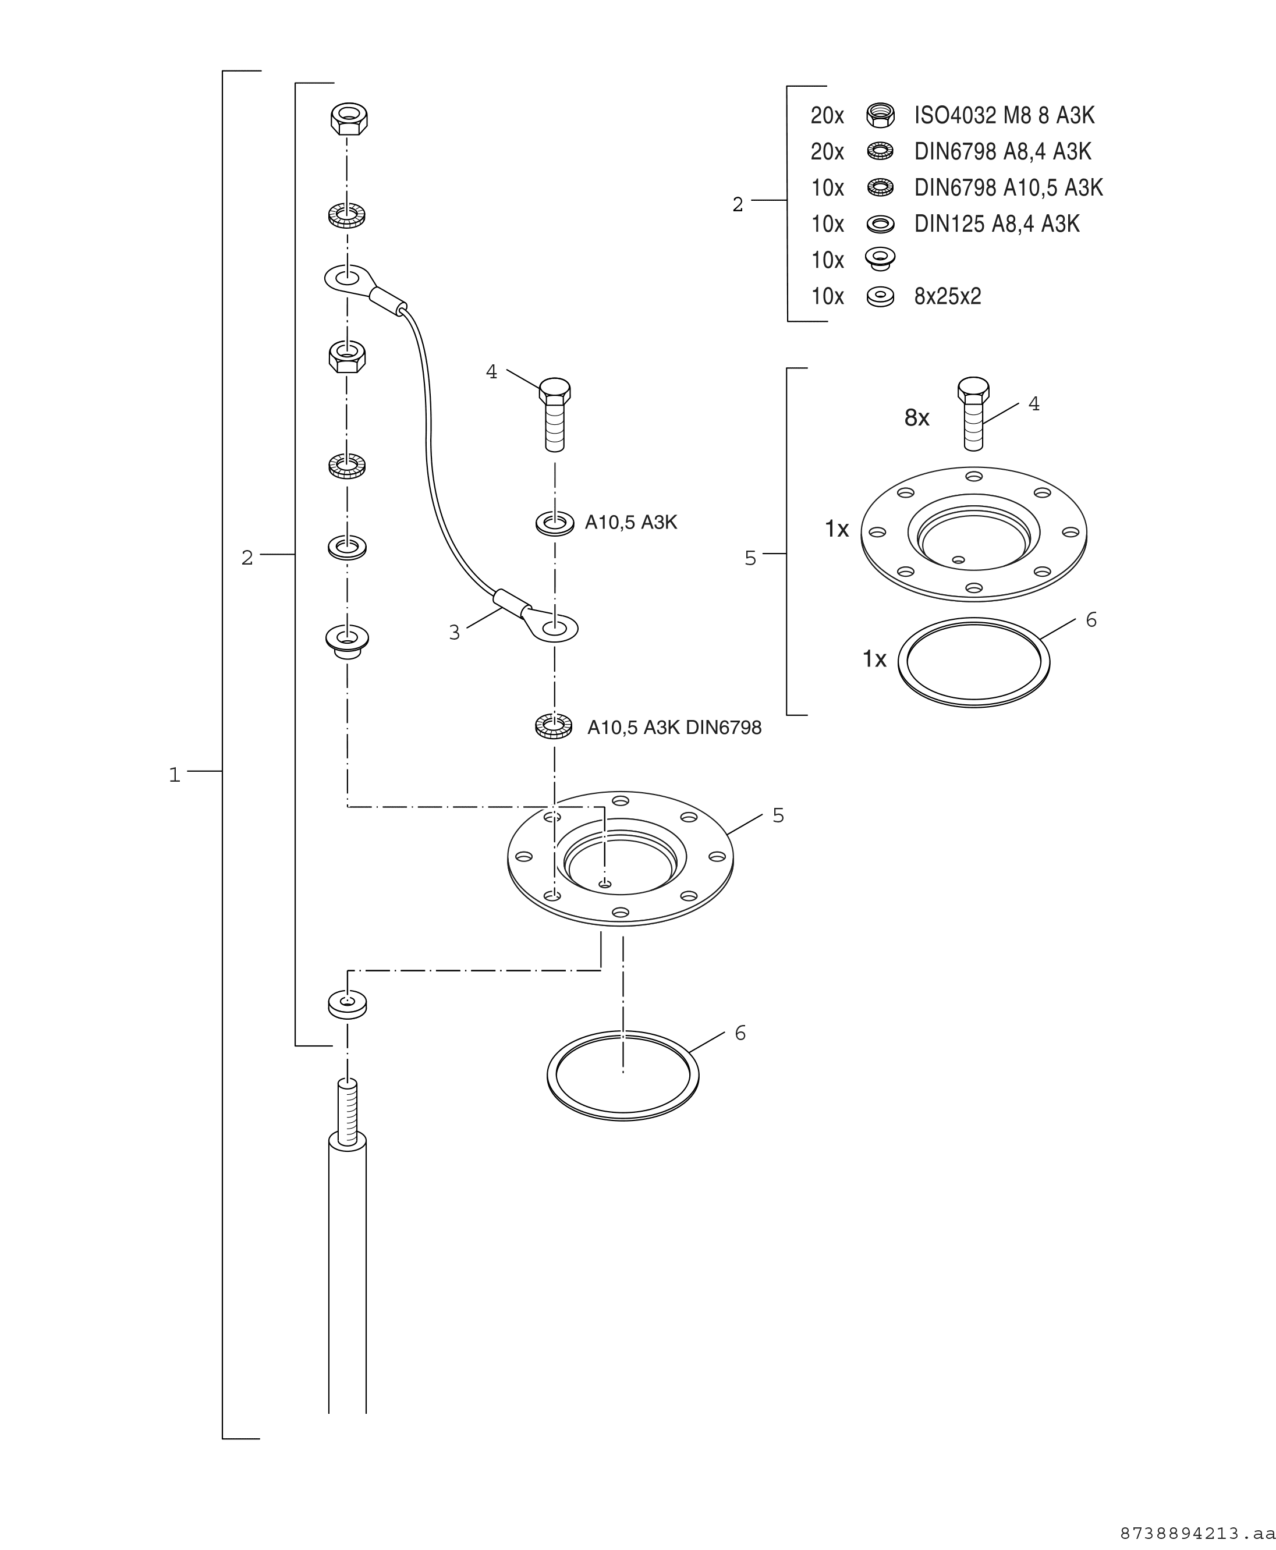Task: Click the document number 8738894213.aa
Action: point(1197,1534)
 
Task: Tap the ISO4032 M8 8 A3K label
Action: point(1004,115)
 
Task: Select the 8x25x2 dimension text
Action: point(948,297)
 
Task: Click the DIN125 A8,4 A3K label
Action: point(997,224)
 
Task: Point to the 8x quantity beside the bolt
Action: point(917,418)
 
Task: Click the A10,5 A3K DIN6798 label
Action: point(674,728)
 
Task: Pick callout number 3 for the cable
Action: point(454,633)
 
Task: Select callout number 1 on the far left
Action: point(174,775)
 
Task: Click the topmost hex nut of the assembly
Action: point(349,118)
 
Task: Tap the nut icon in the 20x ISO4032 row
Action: point(880,115)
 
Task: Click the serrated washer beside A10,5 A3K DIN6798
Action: point(554,727)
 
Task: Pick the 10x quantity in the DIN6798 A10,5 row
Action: point(828,188)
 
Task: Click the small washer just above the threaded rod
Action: point(348,1004)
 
